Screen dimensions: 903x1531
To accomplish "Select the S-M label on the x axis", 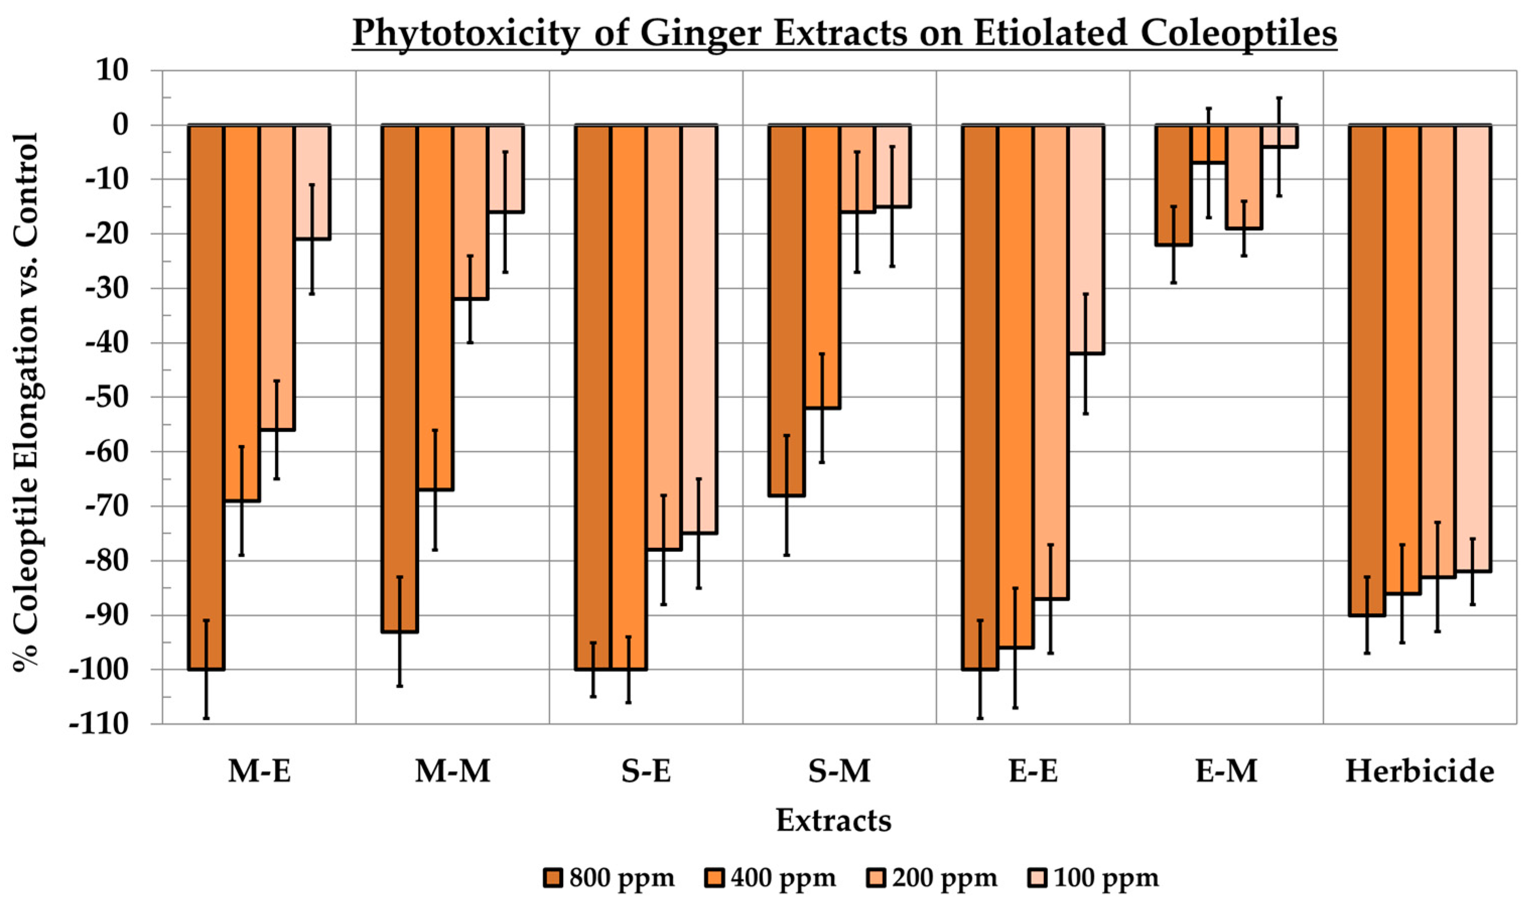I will (x=839, y=772).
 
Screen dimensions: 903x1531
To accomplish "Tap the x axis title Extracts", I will (x=833, y=821).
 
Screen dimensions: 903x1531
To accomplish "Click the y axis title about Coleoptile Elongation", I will (x=26, y=401).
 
